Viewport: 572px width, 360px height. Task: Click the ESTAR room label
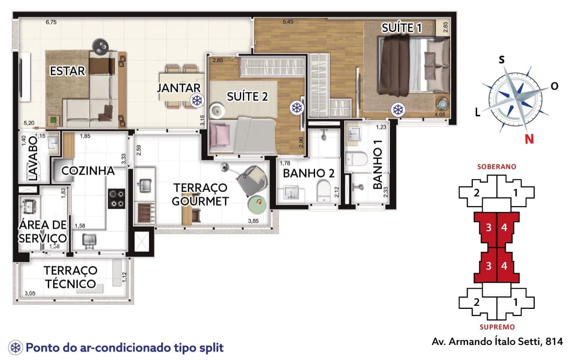tap(68, 71)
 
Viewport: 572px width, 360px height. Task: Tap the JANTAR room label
tap(179, 88)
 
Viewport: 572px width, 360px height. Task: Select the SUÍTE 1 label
tap(401, 28)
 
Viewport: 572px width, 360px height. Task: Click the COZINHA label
tap(88, 170)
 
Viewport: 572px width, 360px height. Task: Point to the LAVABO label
tap(33, 158)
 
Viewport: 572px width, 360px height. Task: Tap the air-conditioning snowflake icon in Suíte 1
tap(397, 109)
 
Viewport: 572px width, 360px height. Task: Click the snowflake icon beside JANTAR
tap(197, 100)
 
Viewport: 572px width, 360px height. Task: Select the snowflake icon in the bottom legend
tap(16, 347)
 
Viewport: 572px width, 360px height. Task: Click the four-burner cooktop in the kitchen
tap(117, 199)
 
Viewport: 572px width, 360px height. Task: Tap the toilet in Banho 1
tap(357, 159)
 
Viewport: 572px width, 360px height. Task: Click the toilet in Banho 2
tap(324, 192)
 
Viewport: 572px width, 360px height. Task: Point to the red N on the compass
tap(529, 139)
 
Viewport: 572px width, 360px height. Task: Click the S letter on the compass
tap(502, 60)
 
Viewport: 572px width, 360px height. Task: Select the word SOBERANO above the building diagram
tap(497, 167)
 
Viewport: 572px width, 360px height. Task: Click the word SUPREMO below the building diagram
tap(497, 327)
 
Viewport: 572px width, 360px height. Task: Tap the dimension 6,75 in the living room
tap(51, 22)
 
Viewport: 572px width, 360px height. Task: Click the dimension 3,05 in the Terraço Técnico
tap(30, 293)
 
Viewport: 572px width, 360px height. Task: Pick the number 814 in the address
tap(554, 341)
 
